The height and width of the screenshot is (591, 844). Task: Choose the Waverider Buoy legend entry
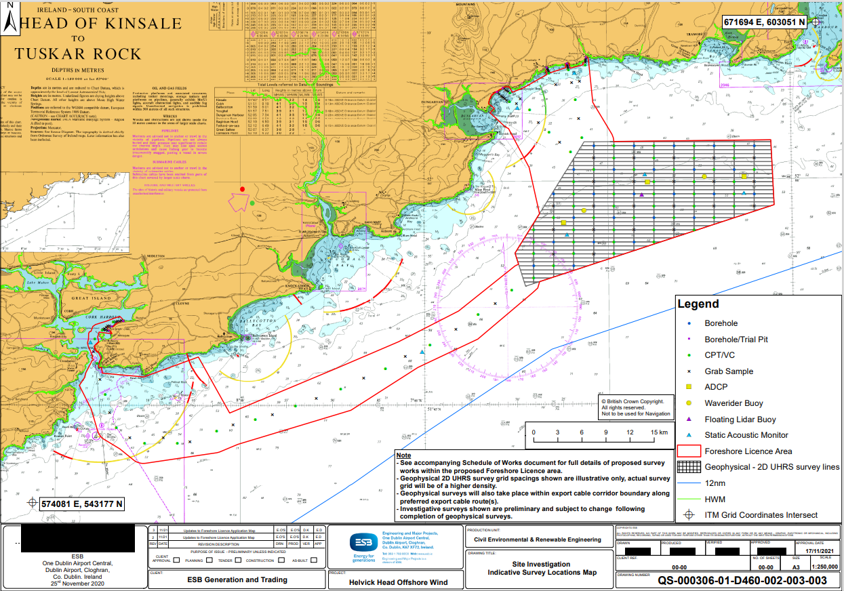pos(734,403)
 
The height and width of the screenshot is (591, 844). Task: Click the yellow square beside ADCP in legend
pos(689,387)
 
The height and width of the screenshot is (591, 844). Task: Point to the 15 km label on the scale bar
pos(658,432)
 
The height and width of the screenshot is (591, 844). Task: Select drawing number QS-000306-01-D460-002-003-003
pos(742,580)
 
